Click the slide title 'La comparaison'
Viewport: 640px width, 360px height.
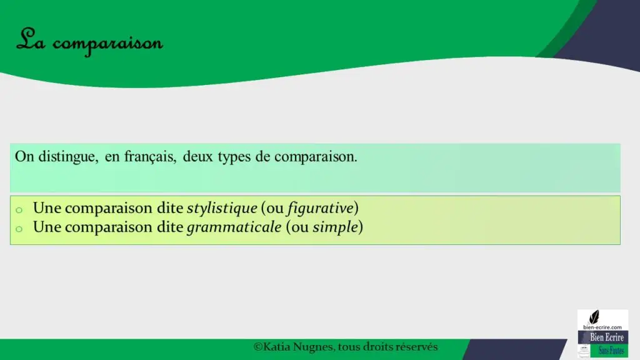(89, 42)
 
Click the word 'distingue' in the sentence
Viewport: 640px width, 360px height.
(68, 157)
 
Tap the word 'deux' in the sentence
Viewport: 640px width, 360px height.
(198, 156)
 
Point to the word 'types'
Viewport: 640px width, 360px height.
(234, 157)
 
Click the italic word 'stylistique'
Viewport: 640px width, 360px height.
(222, 208)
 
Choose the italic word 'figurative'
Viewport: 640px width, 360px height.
(321, 208)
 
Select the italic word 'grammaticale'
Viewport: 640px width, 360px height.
(234, 227)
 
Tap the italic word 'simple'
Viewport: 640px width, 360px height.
(335, 227)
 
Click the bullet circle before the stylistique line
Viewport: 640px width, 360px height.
(19, 210)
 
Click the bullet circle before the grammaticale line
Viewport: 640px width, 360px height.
(19, 229)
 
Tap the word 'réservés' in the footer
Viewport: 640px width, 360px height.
(416, 347)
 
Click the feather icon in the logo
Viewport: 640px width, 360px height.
(594, 317)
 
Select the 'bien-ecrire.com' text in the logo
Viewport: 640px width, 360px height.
(602, 327)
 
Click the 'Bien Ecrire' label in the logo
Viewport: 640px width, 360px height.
(606, 337)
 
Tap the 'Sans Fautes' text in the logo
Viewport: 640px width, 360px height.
(611, 350)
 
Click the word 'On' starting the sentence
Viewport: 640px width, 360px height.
(24, 157)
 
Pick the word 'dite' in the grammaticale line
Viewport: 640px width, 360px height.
(170, 227)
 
